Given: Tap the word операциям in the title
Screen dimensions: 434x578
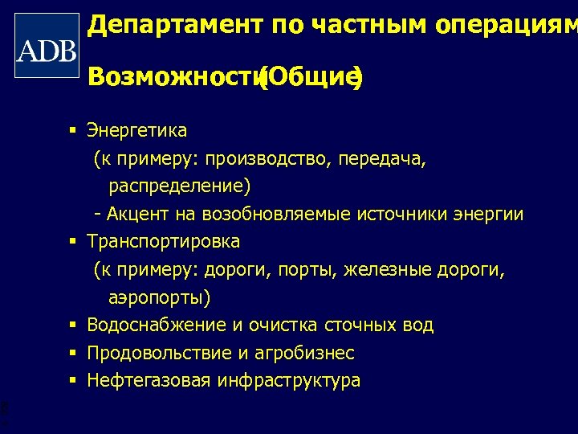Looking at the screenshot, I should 505,26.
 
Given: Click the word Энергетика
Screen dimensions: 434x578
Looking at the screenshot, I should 136,130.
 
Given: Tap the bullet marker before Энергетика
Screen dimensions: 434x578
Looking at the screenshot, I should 72,130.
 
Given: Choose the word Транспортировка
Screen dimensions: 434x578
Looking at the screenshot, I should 163,241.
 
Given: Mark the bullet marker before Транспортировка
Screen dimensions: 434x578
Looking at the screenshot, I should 72,241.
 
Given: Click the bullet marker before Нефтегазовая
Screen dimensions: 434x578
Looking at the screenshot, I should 72,379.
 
